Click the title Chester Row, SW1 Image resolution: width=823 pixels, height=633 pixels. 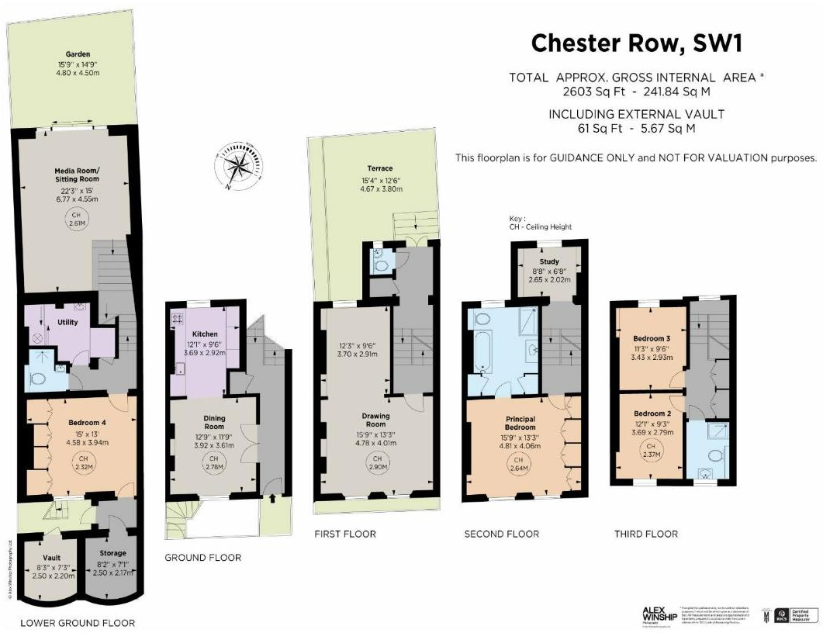click(636, 43)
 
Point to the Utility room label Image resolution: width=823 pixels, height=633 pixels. click(67, 322)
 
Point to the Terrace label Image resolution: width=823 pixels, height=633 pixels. click(380, 168)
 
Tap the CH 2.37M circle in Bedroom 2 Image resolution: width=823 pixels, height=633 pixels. click(651, 451)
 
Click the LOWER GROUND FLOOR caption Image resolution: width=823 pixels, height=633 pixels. click(77, 623)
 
